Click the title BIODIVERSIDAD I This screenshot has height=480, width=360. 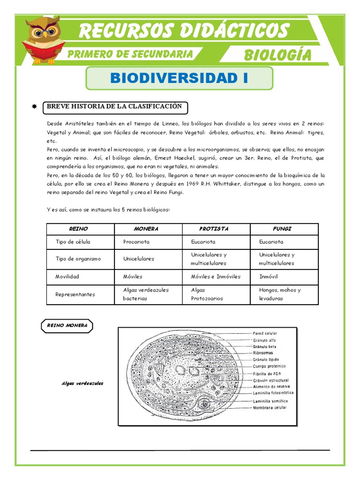tap(179, 78)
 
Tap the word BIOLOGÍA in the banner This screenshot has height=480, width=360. tap(277, 55)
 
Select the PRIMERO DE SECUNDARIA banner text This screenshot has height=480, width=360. tap(129, 54)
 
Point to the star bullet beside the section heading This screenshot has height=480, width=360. tap(34, 107)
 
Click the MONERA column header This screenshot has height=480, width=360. tap(146, 229)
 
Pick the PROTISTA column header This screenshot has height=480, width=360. tap(213, 229)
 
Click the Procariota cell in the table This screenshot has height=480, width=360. tap(136, 242)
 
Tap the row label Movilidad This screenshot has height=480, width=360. tap(67, 277)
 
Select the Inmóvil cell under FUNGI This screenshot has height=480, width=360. tap(268, 277)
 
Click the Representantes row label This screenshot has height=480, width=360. tap(75, 294)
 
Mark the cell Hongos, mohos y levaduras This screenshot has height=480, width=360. tap(280, 294)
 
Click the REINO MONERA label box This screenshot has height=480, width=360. tap(67, 325)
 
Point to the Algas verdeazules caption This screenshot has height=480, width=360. tap(82, 383)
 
